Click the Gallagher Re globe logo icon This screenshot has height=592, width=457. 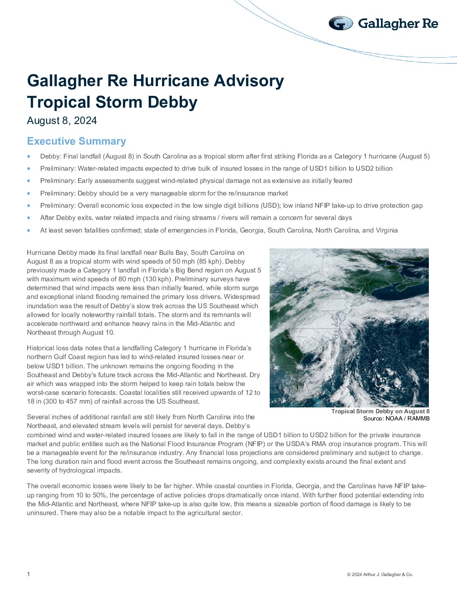coord(341,24)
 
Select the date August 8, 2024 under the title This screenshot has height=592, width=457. coord(62,121)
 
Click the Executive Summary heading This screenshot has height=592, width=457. coord(76,141)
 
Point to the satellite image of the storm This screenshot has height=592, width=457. coord(349,328)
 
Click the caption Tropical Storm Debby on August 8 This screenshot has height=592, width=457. coord(380,411)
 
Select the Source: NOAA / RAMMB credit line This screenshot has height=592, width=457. coord(396,418)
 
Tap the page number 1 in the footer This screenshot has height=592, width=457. coord(29,574)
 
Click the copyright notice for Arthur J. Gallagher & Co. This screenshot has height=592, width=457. coord(380,574)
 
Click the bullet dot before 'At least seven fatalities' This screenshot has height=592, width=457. coord(29,230)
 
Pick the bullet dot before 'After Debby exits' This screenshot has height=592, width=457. coord(29,218)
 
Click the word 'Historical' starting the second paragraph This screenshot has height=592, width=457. coord(41,348)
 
